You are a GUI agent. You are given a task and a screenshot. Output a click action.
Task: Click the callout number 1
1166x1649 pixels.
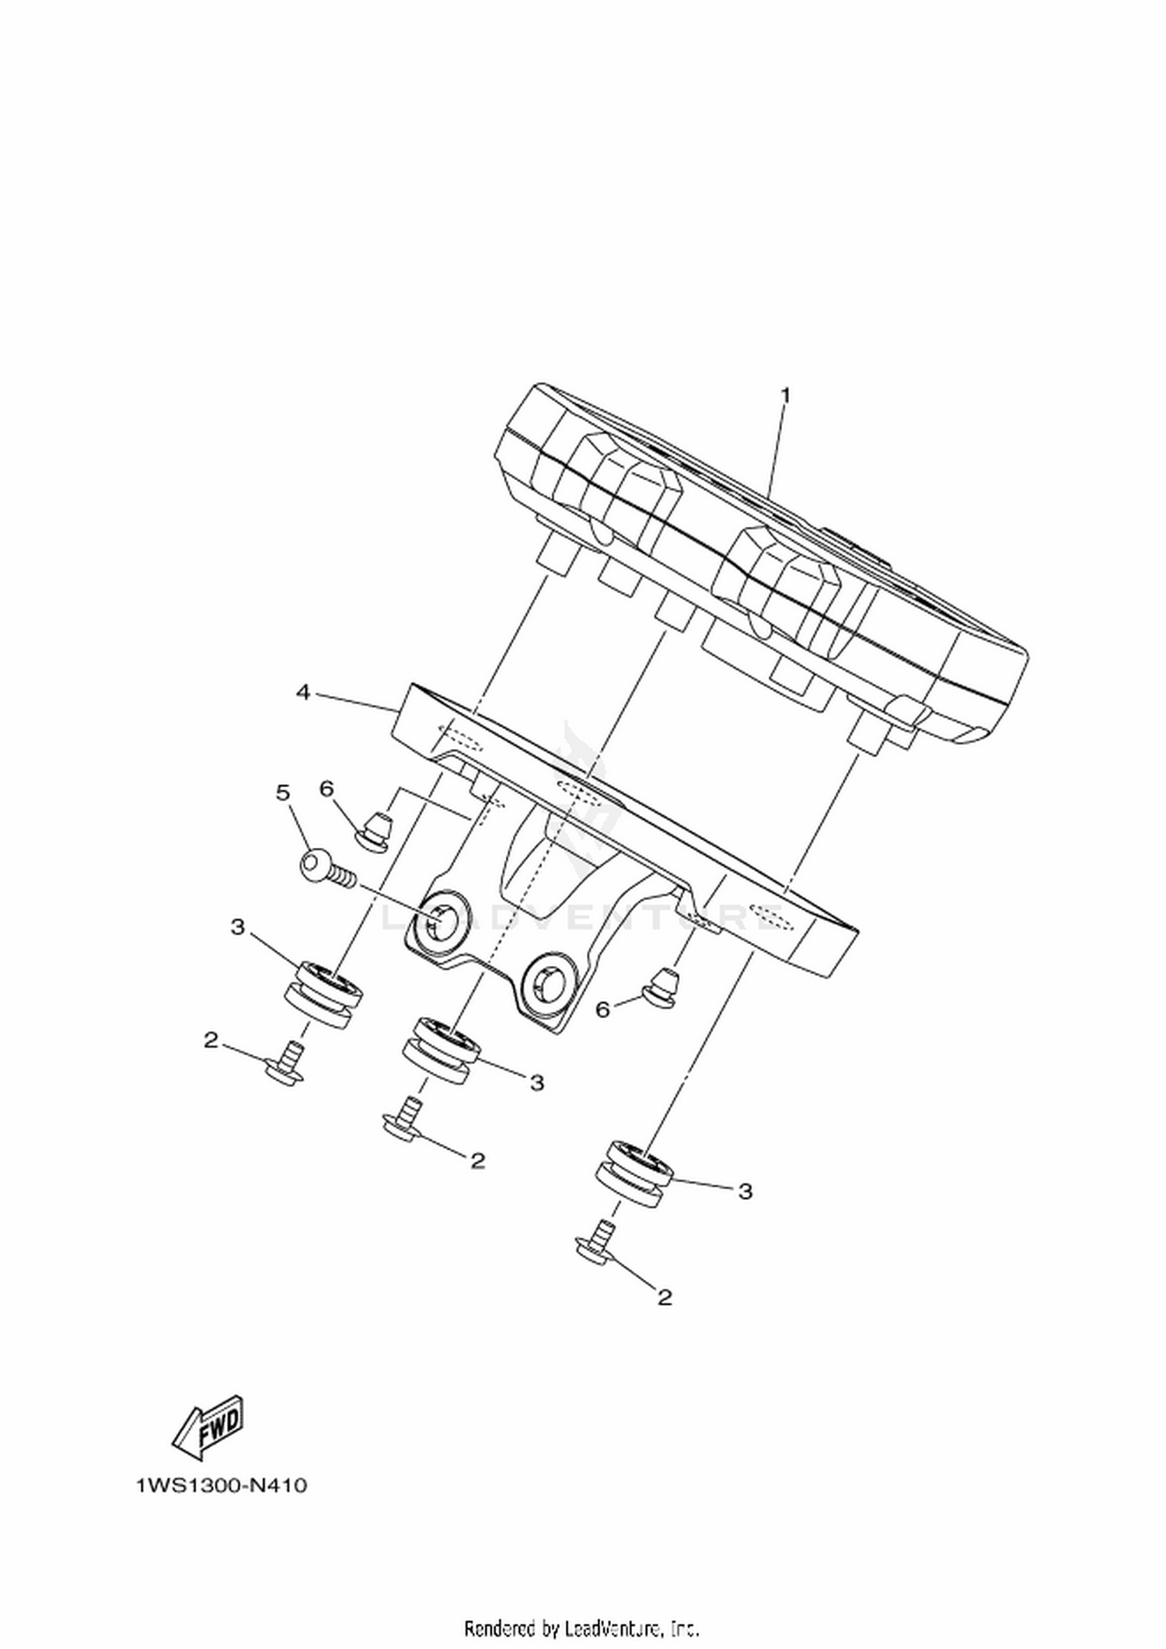tap(785, 395)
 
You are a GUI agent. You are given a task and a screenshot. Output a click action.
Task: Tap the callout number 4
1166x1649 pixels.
tap(304, 691)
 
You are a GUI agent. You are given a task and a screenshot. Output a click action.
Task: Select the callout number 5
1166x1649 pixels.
tap(283, 793)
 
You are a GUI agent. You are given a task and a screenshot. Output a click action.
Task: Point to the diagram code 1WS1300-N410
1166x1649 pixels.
tap(222, 1486)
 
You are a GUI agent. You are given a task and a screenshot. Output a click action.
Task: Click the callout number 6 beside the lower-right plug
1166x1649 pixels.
tap(603, 1009)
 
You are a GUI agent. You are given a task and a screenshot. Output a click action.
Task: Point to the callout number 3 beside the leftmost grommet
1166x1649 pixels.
tap(237, 927)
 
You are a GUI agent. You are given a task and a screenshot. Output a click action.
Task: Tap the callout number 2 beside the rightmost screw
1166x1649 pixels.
tap(664, 1297)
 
